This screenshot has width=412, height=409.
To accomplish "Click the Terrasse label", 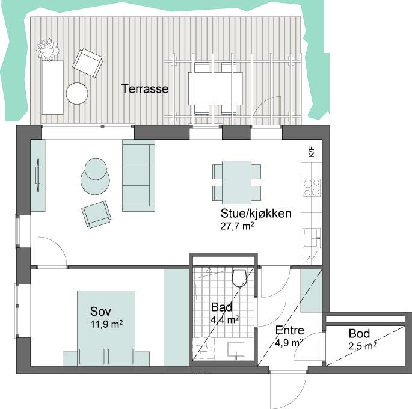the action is pyautogui.click(x=145, y=89).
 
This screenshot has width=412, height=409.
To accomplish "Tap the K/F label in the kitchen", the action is pyautogui.click(x=312, y=152).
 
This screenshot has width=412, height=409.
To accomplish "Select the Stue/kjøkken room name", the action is pyautogui.click(x=256, y=214).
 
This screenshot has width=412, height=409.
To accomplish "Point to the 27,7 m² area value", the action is pyautogui.click(x=237, y=226).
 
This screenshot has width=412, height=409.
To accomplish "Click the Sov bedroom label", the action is pyautogui.click(x=100, y=312).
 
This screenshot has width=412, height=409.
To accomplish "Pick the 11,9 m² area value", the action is pyautogui.click(x=106, y=324).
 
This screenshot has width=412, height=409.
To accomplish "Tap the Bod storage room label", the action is pyautogui.click(x=359, y=333).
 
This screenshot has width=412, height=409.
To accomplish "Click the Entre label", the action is pyautogui.click(x=289, y=330).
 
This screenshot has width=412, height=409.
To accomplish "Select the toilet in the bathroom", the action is pyautogui.click(x=239, y=277).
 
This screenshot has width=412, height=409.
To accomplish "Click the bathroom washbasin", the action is pyautogui.click(x=236, y=350).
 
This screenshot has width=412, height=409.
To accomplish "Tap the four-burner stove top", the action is pyautogui.click(x=312, y=187).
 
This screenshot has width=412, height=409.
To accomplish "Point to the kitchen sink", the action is pyautogui.click(x=312, y=238).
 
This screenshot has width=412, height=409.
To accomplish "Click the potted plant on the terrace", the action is pyautogui.click(x=48, y=50).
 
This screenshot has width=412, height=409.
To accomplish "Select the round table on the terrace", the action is pyautogui.click(x=77, y=93).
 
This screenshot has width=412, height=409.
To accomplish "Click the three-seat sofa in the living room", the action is pyautogui.click(x=138, y=175).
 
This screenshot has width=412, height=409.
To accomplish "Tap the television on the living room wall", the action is pyautogui.click(x=38, y=176).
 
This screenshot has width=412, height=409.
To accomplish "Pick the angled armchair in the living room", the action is pyautogui.click(x=96, y=214).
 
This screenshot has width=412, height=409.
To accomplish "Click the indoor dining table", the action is pyautogui.click(x=236, y=183).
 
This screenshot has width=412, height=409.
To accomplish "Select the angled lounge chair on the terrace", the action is pyautogui.click(x=87, y=63).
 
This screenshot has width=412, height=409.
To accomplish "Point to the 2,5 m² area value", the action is pyautogui.click(x=362, y=346).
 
